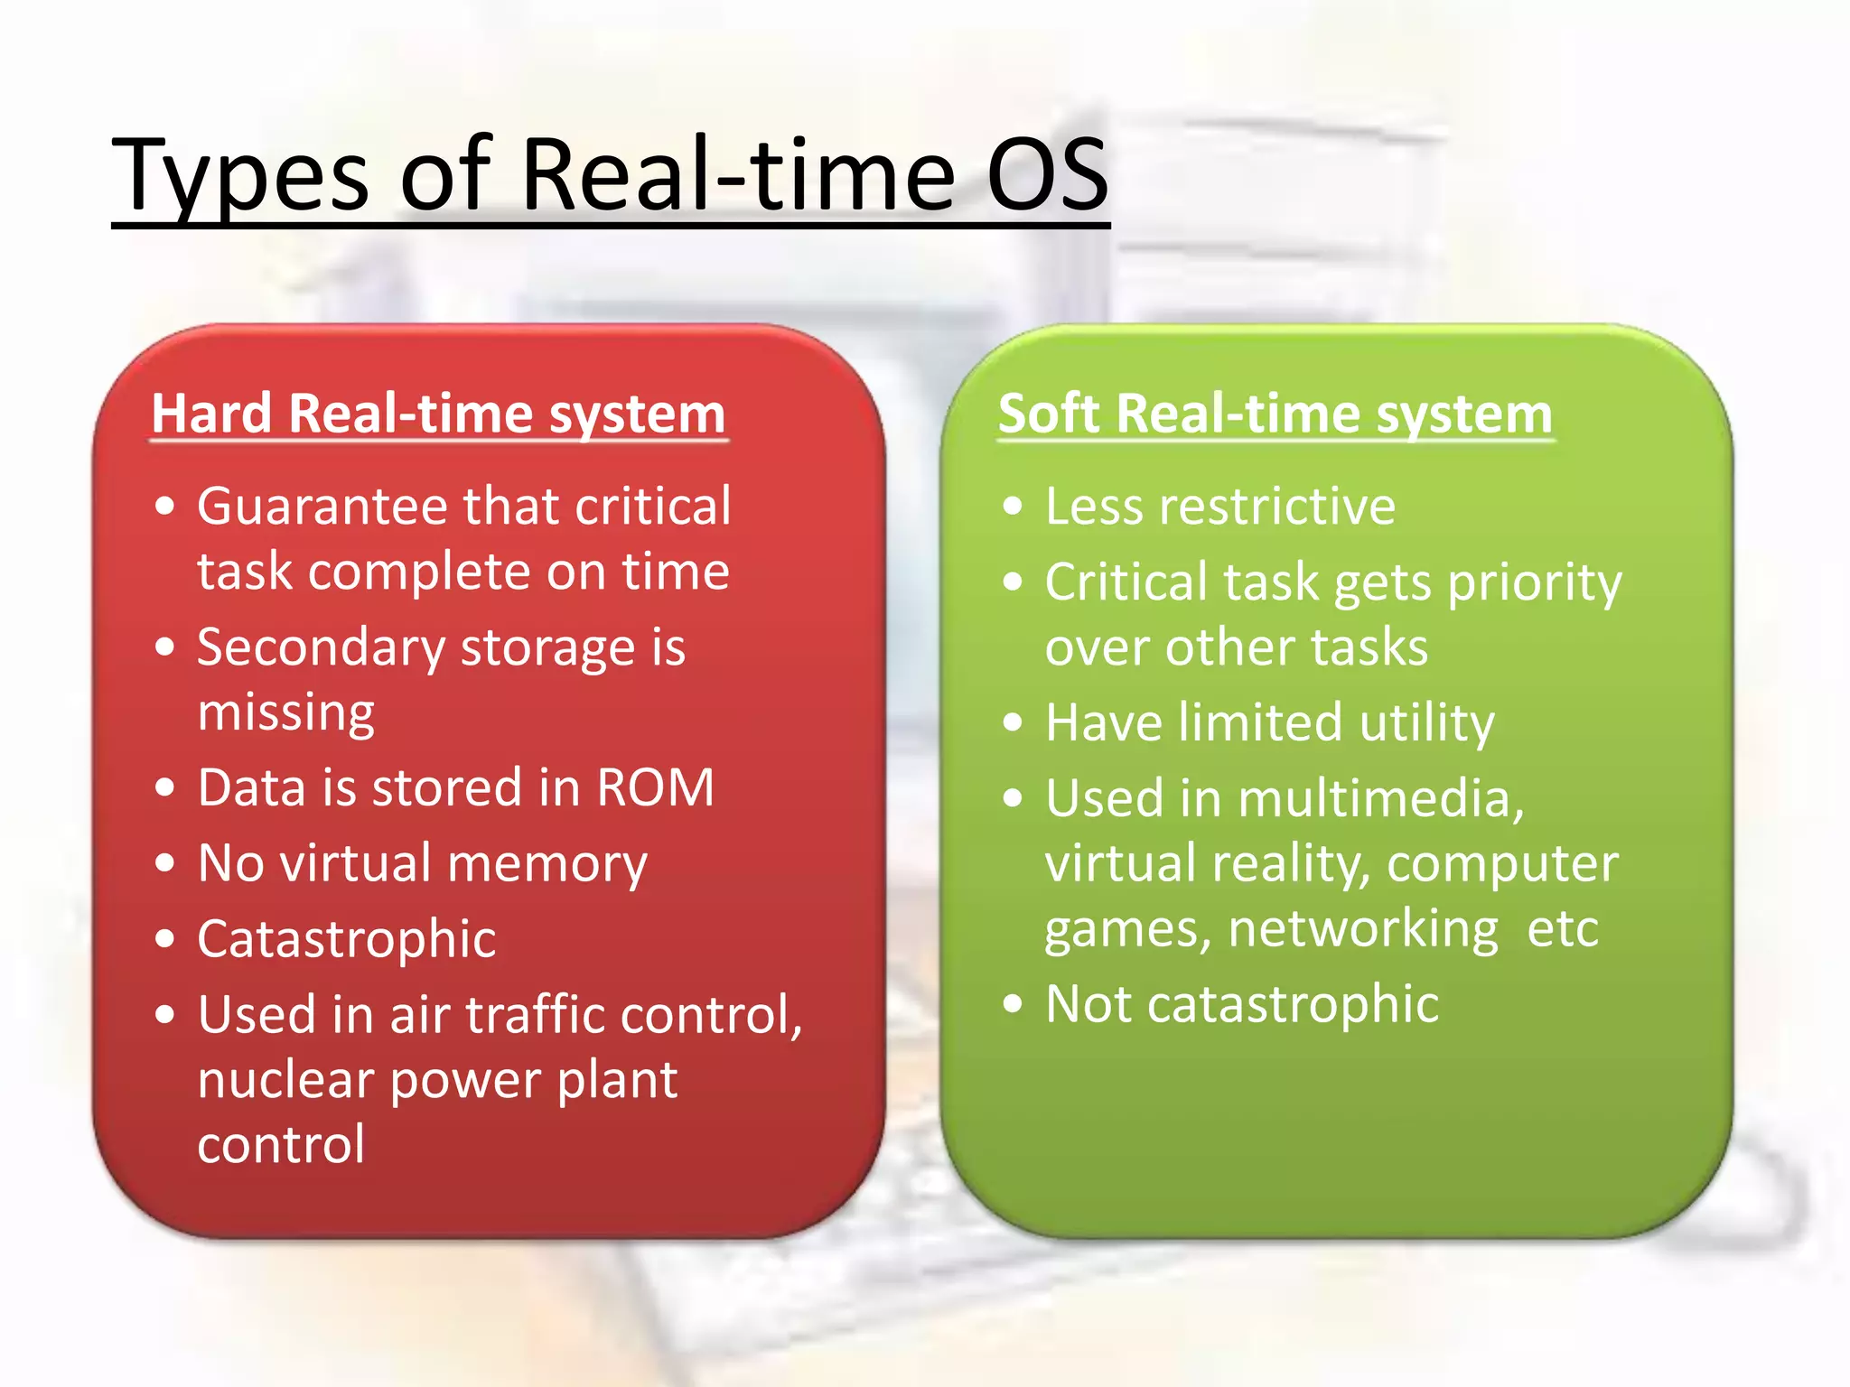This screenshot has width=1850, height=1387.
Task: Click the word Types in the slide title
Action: pos(239,176)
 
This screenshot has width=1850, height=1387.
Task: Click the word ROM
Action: pos(655,787)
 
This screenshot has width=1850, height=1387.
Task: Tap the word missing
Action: pos(285,713)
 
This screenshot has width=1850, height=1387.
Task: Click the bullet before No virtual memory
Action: pos(164,863)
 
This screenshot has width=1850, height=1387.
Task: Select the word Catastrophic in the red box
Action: pos(346,939)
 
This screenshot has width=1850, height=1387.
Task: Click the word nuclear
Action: pos(285,1080)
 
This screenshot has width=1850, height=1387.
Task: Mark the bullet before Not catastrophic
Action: pos(1013,1004)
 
